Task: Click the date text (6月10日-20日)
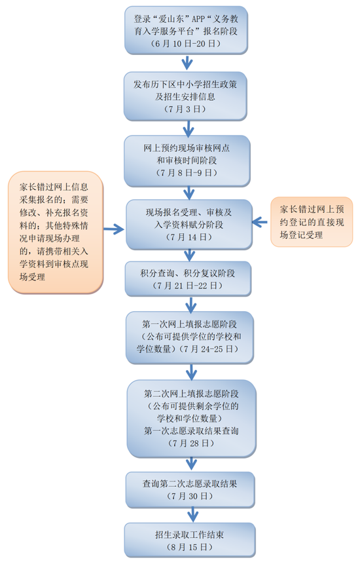[186, 44]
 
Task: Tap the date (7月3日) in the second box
[185, 109]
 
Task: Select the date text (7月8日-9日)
[187, 172]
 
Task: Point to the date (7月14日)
[189, 237]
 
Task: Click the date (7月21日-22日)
[188, 286]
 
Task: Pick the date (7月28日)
[191, 443]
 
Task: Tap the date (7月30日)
[190, 497]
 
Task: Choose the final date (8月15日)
[190, 547]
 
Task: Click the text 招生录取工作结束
[190, 535]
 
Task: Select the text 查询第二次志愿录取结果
[190, 483]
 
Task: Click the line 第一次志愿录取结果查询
[191, 430]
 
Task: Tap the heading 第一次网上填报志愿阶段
[189, 324]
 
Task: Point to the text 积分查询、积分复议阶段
[188, 273]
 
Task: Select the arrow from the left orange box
[114, 229]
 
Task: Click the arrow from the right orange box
[260, 222]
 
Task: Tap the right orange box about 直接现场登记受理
[312, 221]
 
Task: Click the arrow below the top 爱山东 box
[187, 62]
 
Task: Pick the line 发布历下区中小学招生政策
[185, 85]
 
